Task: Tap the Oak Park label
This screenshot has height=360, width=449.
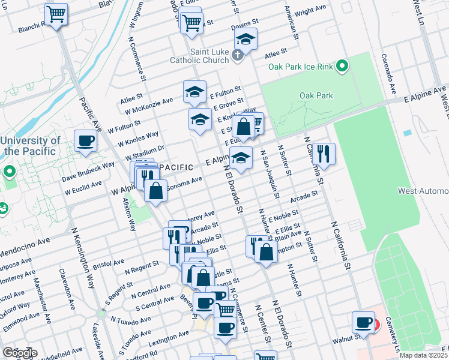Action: pos(315,95)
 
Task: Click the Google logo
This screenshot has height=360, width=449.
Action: pos(19,353)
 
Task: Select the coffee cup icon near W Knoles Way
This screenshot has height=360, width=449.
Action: pos(86,141)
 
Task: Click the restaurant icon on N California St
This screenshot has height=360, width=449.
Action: pos(324,153)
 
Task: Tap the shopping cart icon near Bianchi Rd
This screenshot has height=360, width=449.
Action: pos(56,13)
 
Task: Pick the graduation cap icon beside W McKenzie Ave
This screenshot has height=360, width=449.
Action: pos(194,91)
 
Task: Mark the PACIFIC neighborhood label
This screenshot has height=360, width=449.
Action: pos(176,167)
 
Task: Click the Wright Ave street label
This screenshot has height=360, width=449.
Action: pos(310,11)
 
